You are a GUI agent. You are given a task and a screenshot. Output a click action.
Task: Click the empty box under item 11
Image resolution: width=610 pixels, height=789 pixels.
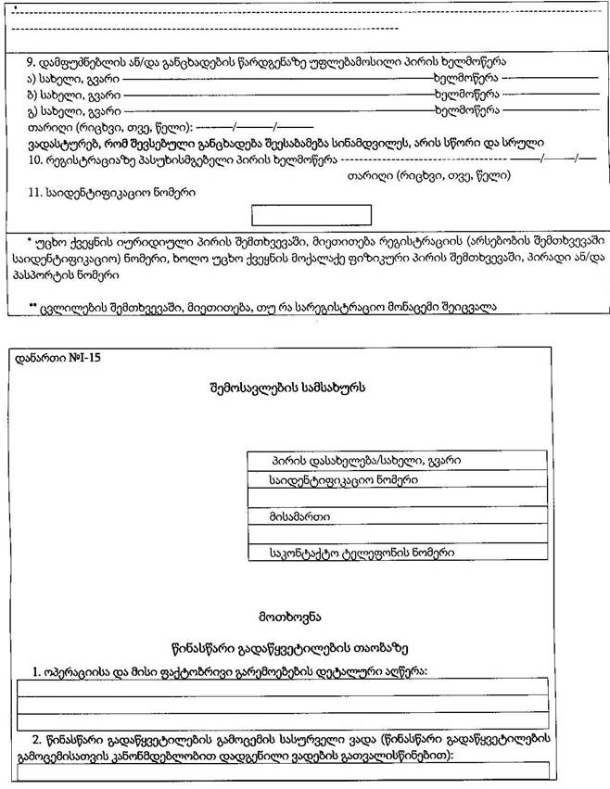coord(311,214)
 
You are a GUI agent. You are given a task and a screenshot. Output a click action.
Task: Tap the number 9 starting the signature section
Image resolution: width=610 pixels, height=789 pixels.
coord(31,61)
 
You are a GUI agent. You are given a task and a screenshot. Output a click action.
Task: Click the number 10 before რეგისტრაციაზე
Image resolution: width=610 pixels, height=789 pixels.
coord(33,159)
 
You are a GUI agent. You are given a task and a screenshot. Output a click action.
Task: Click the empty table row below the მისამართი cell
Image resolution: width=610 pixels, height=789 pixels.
coord(397,533)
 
